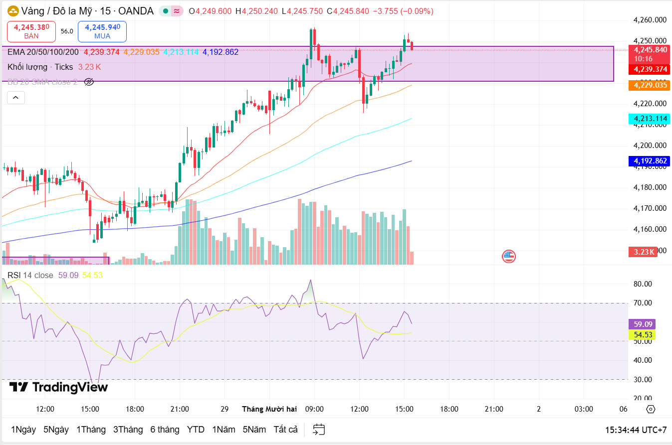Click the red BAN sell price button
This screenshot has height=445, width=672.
click(31, 31)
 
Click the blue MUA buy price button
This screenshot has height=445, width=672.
click(102, 31)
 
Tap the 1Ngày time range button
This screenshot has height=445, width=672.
click(23, 430)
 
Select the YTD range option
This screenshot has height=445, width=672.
click(196, 430)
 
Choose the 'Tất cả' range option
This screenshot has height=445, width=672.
click(285, 430)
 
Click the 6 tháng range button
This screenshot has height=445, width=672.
click(165, 430)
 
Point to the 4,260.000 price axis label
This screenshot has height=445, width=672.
click(650, 20)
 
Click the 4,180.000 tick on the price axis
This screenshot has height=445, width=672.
click(650, 187)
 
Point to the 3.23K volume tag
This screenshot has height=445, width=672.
click(643, 252)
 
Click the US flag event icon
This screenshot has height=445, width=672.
click(508, 257)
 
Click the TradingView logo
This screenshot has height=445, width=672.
click(58, 387)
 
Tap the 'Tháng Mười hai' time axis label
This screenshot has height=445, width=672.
click(269, 409)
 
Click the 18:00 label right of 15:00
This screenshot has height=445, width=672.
click(449, 409)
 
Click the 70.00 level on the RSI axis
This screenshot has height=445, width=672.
click(643, 303)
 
